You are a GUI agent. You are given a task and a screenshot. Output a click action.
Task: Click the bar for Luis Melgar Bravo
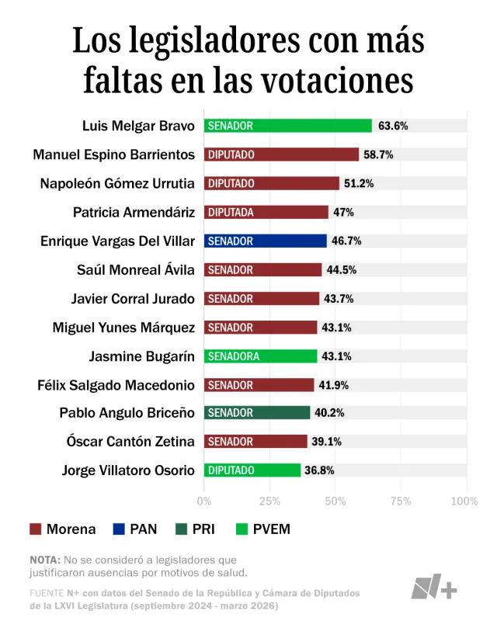tap(287, 126)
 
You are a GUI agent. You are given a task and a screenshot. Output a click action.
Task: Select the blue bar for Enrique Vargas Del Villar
tap(265, 241)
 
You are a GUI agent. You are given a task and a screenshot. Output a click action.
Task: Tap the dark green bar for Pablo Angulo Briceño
tap(257, 412)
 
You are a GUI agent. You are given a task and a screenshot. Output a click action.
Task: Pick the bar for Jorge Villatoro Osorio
tap(252, 470)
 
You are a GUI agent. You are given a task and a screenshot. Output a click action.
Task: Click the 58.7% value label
tap(378, 154)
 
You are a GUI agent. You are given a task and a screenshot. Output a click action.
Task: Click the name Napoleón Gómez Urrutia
tap(117, 183)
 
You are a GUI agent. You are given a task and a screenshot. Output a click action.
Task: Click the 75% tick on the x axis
tap(401, 501)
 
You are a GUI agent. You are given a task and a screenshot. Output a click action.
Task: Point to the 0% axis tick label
tap(204, 501)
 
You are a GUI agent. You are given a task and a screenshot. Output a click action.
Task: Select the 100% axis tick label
tap(464, 501)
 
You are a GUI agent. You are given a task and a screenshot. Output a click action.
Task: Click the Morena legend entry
tap(62, 529)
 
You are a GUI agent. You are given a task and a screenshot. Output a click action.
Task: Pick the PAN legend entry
tap(134, 529)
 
